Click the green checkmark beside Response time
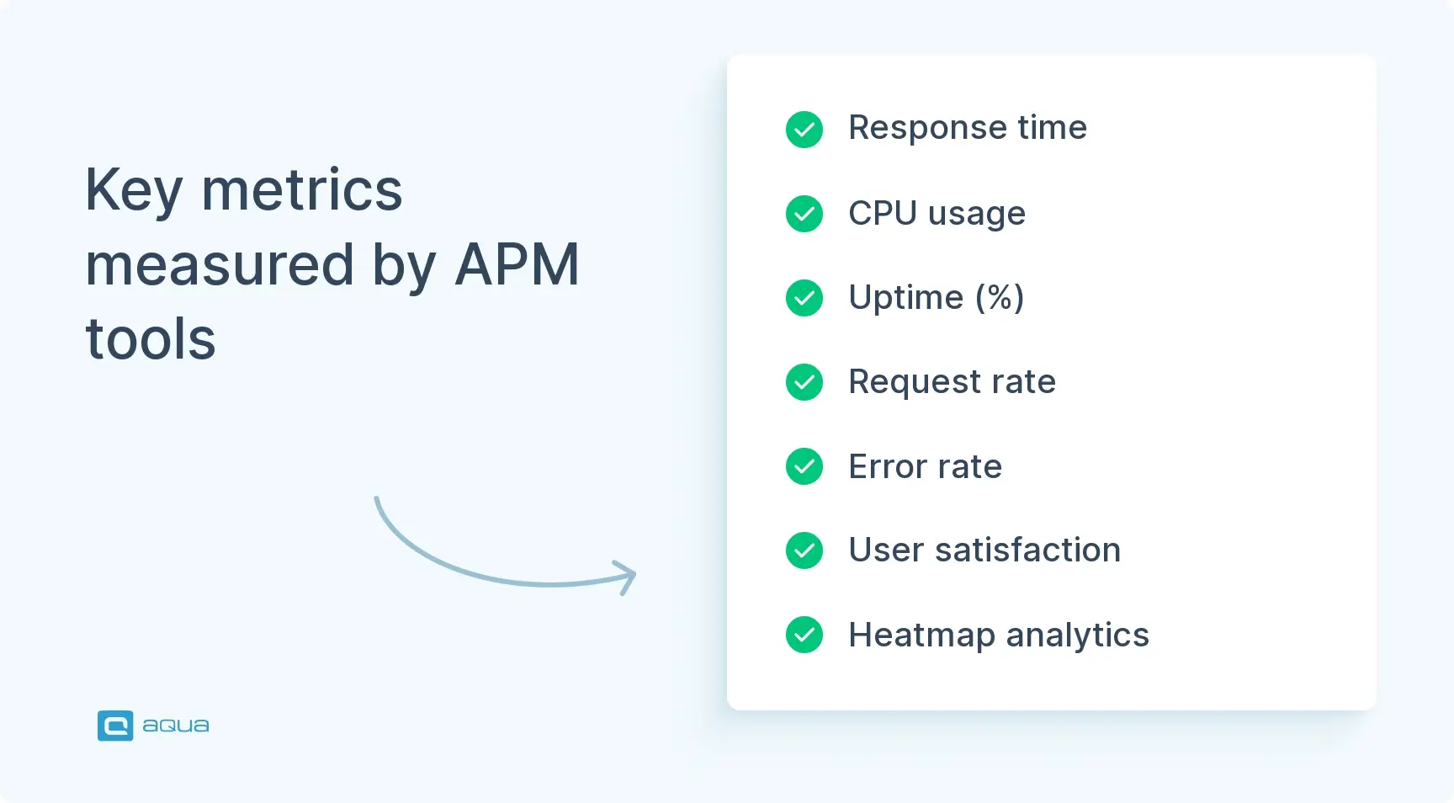(x=804, y=130)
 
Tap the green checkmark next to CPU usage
(x=804, y=214)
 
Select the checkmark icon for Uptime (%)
(x=804, y=298)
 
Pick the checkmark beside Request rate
(x=804, y=382)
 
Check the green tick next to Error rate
(x=804, y=466)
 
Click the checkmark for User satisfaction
(x=804, y=550)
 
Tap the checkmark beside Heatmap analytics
(x=804, y=635)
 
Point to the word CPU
(x=883, y=213)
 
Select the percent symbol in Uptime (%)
(x=1000, y=297)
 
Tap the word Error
(x=887, y=466)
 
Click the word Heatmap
(x=921, y=635)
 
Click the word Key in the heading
(x=134, y=190)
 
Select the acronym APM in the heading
(x=517, y=264)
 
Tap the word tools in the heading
(x=151, y=339)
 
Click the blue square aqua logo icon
(x=115, y=726)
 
